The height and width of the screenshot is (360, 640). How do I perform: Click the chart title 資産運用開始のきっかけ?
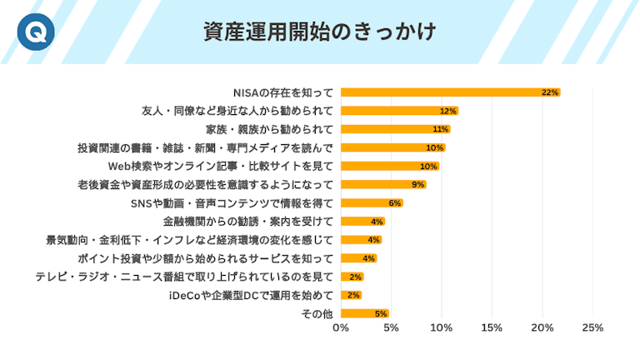(320, 32)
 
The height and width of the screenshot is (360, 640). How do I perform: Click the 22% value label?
(549, 92)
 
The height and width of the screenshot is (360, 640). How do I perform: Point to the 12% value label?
(448, 111)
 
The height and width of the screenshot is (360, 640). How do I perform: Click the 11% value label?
(441, 129)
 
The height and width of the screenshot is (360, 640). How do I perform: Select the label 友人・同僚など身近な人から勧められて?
(237, 111)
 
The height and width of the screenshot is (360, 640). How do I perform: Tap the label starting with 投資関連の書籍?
(205, 147)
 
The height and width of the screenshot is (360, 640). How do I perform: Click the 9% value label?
(417, 184)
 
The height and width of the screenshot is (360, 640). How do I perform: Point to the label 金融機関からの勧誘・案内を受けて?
(247, 221)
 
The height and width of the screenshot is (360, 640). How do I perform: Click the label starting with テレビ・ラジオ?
(184, 277)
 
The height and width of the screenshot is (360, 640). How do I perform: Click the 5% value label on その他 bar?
(381, 313)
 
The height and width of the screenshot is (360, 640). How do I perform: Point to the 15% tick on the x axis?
(492, 327)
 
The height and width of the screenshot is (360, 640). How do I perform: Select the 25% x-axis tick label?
(592, 327)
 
